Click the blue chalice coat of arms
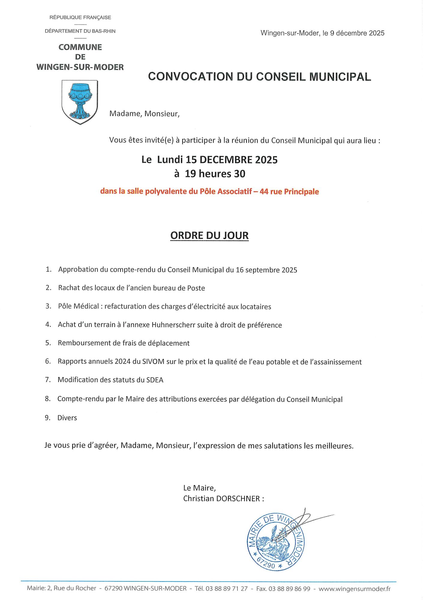coord(80,102)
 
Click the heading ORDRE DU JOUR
coord(209,235)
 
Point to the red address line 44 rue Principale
coord(289,192)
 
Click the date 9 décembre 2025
coord(357,33)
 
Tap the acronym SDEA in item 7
coord(155,380)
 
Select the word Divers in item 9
coord(67,418)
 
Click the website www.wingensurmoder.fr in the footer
coord(354,589)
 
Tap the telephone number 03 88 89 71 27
coord(226,589)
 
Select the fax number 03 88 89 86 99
coord(289,589)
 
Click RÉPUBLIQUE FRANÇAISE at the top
coord(80,18)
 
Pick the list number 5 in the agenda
coord(48,343)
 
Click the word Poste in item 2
coord(196,288)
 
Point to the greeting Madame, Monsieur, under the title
coord(145,114)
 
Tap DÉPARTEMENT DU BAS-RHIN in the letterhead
coord(80,31)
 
